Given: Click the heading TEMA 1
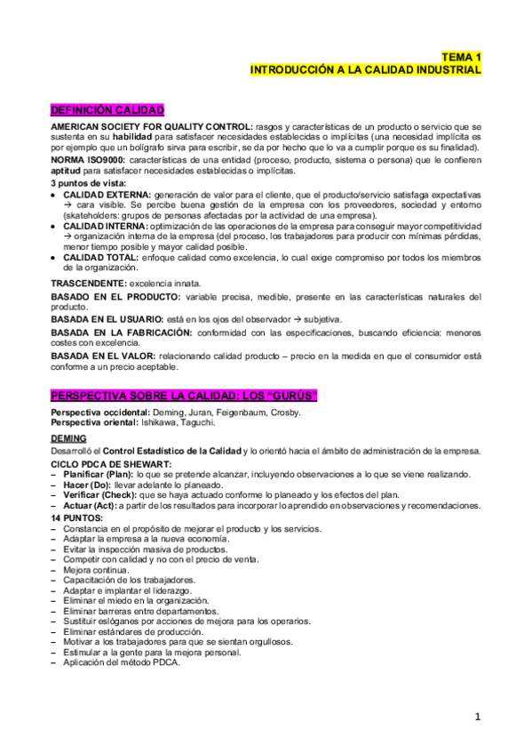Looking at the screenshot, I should tap(462, 55).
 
